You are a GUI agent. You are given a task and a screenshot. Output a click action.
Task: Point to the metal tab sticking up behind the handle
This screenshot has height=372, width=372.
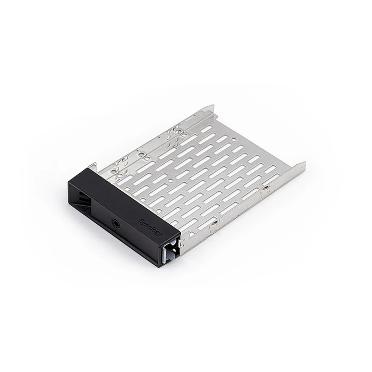pyautogui.click(x=92, y=167)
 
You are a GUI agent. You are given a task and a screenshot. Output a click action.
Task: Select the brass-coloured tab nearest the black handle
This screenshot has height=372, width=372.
pyautogui.click(x=212, y=227)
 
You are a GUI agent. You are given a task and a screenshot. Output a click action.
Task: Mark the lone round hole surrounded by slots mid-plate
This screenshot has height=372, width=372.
pyautogui.click(x=169, y=181)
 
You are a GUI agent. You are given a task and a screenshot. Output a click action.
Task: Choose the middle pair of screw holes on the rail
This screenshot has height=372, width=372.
pyautogui.click(x=142, y=154)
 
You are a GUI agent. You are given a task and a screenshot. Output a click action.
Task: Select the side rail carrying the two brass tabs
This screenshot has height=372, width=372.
pyautogui.click(x=244, y=205)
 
